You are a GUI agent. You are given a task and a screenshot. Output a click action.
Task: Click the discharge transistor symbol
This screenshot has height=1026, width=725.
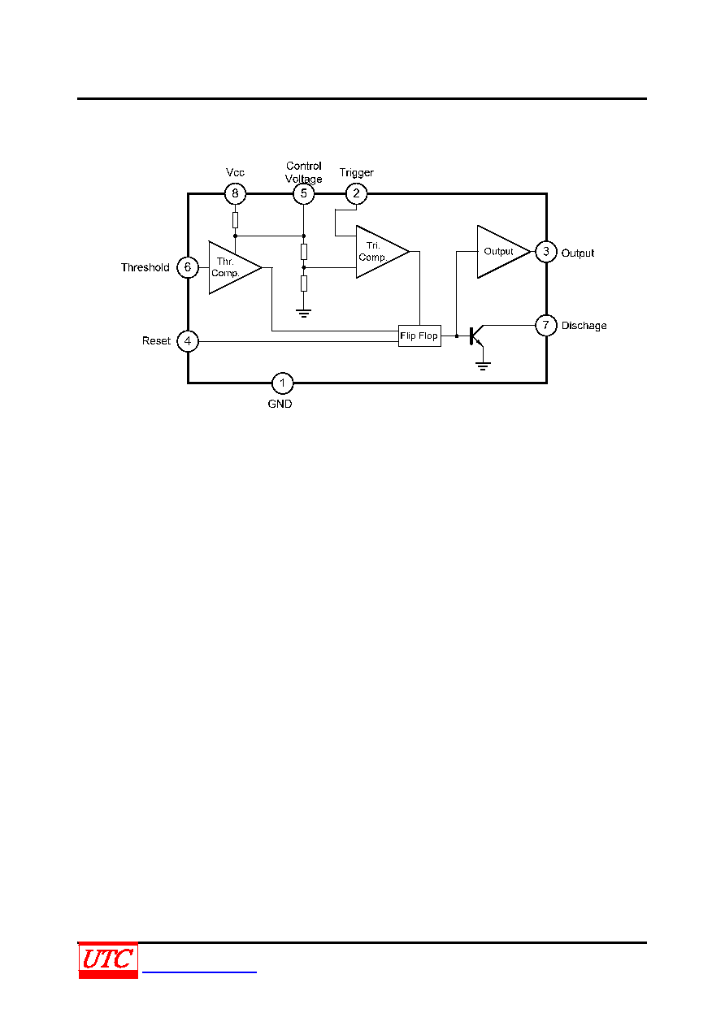pyautogui.click(x=471, y=336)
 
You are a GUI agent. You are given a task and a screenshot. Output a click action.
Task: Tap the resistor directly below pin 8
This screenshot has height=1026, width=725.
pyautogui.click(x=235, y=220)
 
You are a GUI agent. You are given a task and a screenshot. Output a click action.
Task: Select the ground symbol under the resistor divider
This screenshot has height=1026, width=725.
pyautogui.click(x=303, y=314)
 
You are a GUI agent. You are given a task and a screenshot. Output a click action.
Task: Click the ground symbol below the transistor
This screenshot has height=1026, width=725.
pyautogui.click(x=483, y=366)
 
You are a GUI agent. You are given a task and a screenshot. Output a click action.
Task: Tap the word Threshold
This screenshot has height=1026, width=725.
pyautogui.click(x=145, y=267)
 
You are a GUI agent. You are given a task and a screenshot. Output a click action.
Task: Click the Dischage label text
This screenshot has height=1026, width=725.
pyautogui.click(x=584, y=326)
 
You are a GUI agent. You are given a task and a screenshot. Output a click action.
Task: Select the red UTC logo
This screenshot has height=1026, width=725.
pyautogui.click(x=108, y=960)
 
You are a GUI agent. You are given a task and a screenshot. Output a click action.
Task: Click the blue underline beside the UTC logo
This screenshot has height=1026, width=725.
pyautogui.click(x=199, y=972)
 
